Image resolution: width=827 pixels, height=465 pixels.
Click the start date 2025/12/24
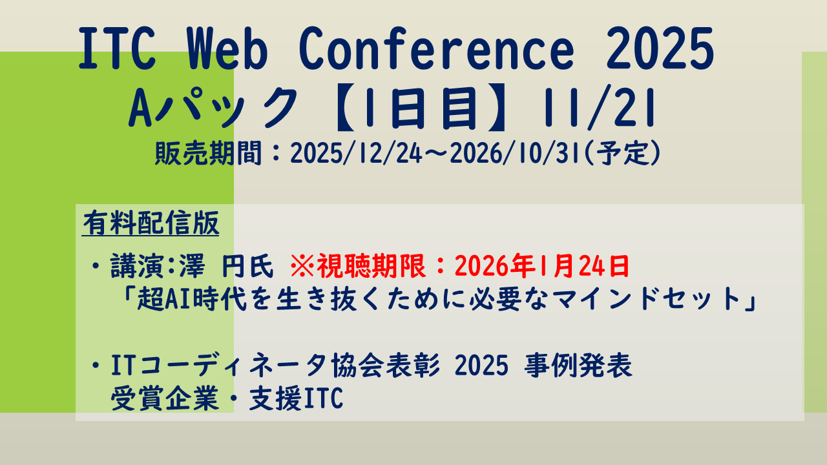tap(356, 155)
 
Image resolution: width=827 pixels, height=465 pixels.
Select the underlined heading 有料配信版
tap(151, 225)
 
